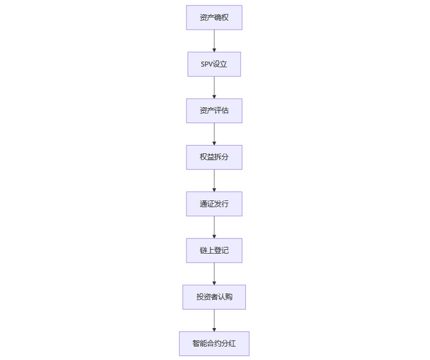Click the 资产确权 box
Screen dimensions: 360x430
[x=214, y=17]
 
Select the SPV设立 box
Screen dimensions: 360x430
[x=214, y=64]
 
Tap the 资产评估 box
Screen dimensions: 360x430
[x=214, y=110]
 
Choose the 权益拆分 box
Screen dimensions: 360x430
[x=214, y=157]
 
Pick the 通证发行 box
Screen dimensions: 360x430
[x=214, y=204]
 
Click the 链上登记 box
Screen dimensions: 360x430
[x=214, y=250]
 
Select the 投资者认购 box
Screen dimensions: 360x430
[x=214, y=297]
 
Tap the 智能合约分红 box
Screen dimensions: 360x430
[x=214, y=343]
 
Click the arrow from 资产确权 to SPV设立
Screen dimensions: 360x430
[x=214, y=40]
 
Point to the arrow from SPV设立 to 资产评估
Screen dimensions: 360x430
[x=214, y=87]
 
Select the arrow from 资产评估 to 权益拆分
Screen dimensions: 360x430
[x=214, y=133]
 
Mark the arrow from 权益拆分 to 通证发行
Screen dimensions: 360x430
[x=214, y=180]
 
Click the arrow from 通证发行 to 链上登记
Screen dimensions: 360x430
[x=214, y=226]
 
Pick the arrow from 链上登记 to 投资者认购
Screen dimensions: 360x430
[x=214, y=273]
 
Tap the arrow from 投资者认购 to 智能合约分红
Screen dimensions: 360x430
[x=214, y=319]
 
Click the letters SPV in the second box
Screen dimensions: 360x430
[x=207, y=64]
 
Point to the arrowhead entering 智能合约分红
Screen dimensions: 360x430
[x=214, y=329]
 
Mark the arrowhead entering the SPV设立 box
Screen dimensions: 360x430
[x=214, y=50]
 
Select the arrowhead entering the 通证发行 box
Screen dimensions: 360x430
[x=214, y=189]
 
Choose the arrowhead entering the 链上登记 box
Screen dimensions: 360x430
[x=214, y=236]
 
